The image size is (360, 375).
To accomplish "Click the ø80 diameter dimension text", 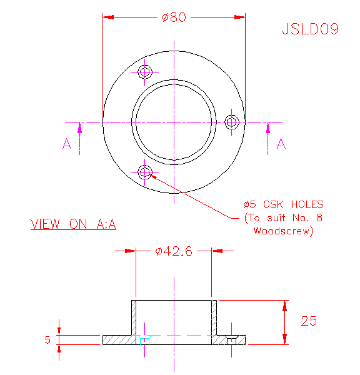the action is tap(174, 17).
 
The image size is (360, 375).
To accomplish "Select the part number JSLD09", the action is tap(311, 29).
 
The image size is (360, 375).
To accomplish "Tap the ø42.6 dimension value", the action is tap(174, 251).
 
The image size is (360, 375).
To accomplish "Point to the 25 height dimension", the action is tap(309, 321).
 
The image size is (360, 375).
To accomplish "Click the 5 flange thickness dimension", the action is tap(47, 340).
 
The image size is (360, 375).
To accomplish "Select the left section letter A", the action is tap(67, 144).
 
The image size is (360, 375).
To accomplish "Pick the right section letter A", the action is tap(281, 144).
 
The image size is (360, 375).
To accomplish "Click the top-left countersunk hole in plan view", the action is tap(145, 72).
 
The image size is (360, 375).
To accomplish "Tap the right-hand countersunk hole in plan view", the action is tap(231, 122).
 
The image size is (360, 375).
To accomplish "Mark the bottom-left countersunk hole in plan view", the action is tap(145, 172).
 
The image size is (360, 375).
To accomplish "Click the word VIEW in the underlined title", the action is tap(45, 224).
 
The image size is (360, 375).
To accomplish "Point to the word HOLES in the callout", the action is tap(307, 204).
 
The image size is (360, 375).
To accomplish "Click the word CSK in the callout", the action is tap(273, 204).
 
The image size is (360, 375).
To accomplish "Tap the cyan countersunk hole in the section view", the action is tap(145, 340).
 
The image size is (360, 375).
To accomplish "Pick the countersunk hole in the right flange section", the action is tap(231, 341).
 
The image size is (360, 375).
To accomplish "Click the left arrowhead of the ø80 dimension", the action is tap(108, 17).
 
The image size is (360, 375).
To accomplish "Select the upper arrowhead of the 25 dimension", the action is tap(284, 306).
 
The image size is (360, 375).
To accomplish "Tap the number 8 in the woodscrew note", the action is tap(319, 217).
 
